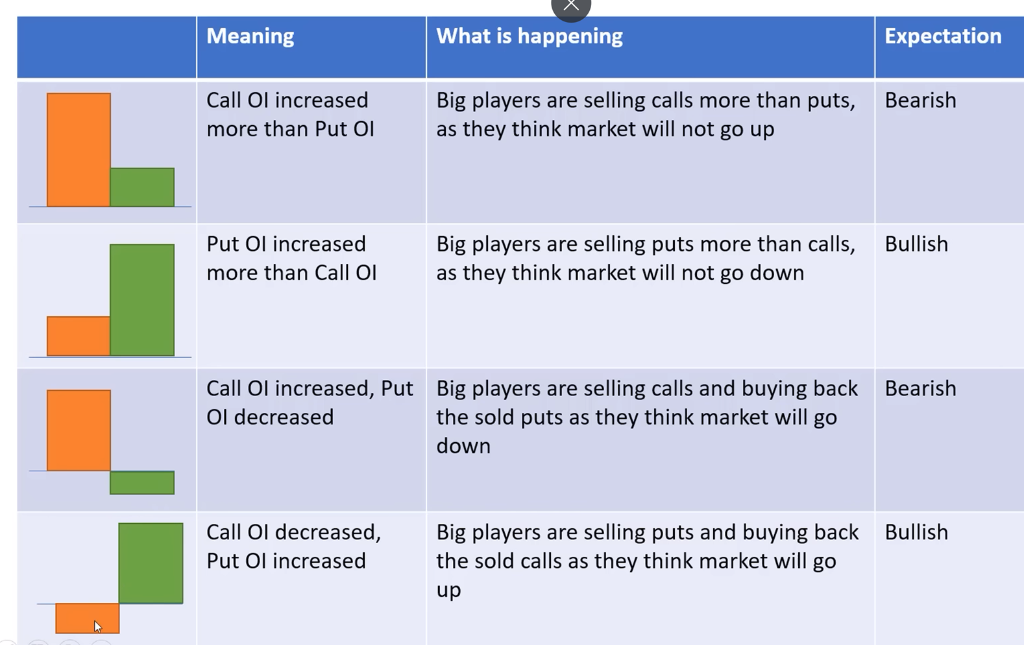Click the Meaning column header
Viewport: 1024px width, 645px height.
[x=250, y=36]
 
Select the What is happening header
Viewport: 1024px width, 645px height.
[x=530, y=36]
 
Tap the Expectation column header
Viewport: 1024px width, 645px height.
[x=943, y=36]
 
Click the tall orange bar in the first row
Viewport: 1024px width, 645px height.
[x=79, y=150]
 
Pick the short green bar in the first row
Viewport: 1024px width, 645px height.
[x=142, y=187]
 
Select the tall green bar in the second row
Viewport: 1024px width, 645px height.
[x=142, y=300]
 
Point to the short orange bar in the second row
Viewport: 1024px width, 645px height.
[x=78, y=336]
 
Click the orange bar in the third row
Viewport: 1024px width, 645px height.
[x=79, y=430]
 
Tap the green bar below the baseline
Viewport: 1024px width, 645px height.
[x=142, y=482]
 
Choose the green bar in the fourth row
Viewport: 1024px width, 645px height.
[x=151, y=563]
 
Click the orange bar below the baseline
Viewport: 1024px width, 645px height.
[x=88, y=618]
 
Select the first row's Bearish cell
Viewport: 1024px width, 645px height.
[x=920, y=100]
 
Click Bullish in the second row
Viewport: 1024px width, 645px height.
[x=916, y=244]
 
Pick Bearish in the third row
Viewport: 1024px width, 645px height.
[x=920, y=389]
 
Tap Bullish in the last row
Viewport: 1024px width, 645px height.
[x=916, y=533]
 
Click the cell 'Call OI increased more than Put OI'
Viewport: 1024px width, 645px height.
[x=290, y=115]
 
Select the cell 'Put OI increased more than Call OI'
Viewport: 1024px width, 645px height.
[x=291, y=259]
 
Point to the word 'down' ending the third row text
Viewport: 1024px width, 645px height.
[x=463, y=446]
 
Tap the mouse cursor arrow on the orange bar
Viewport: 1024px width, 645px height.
[x=98, y=627]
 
